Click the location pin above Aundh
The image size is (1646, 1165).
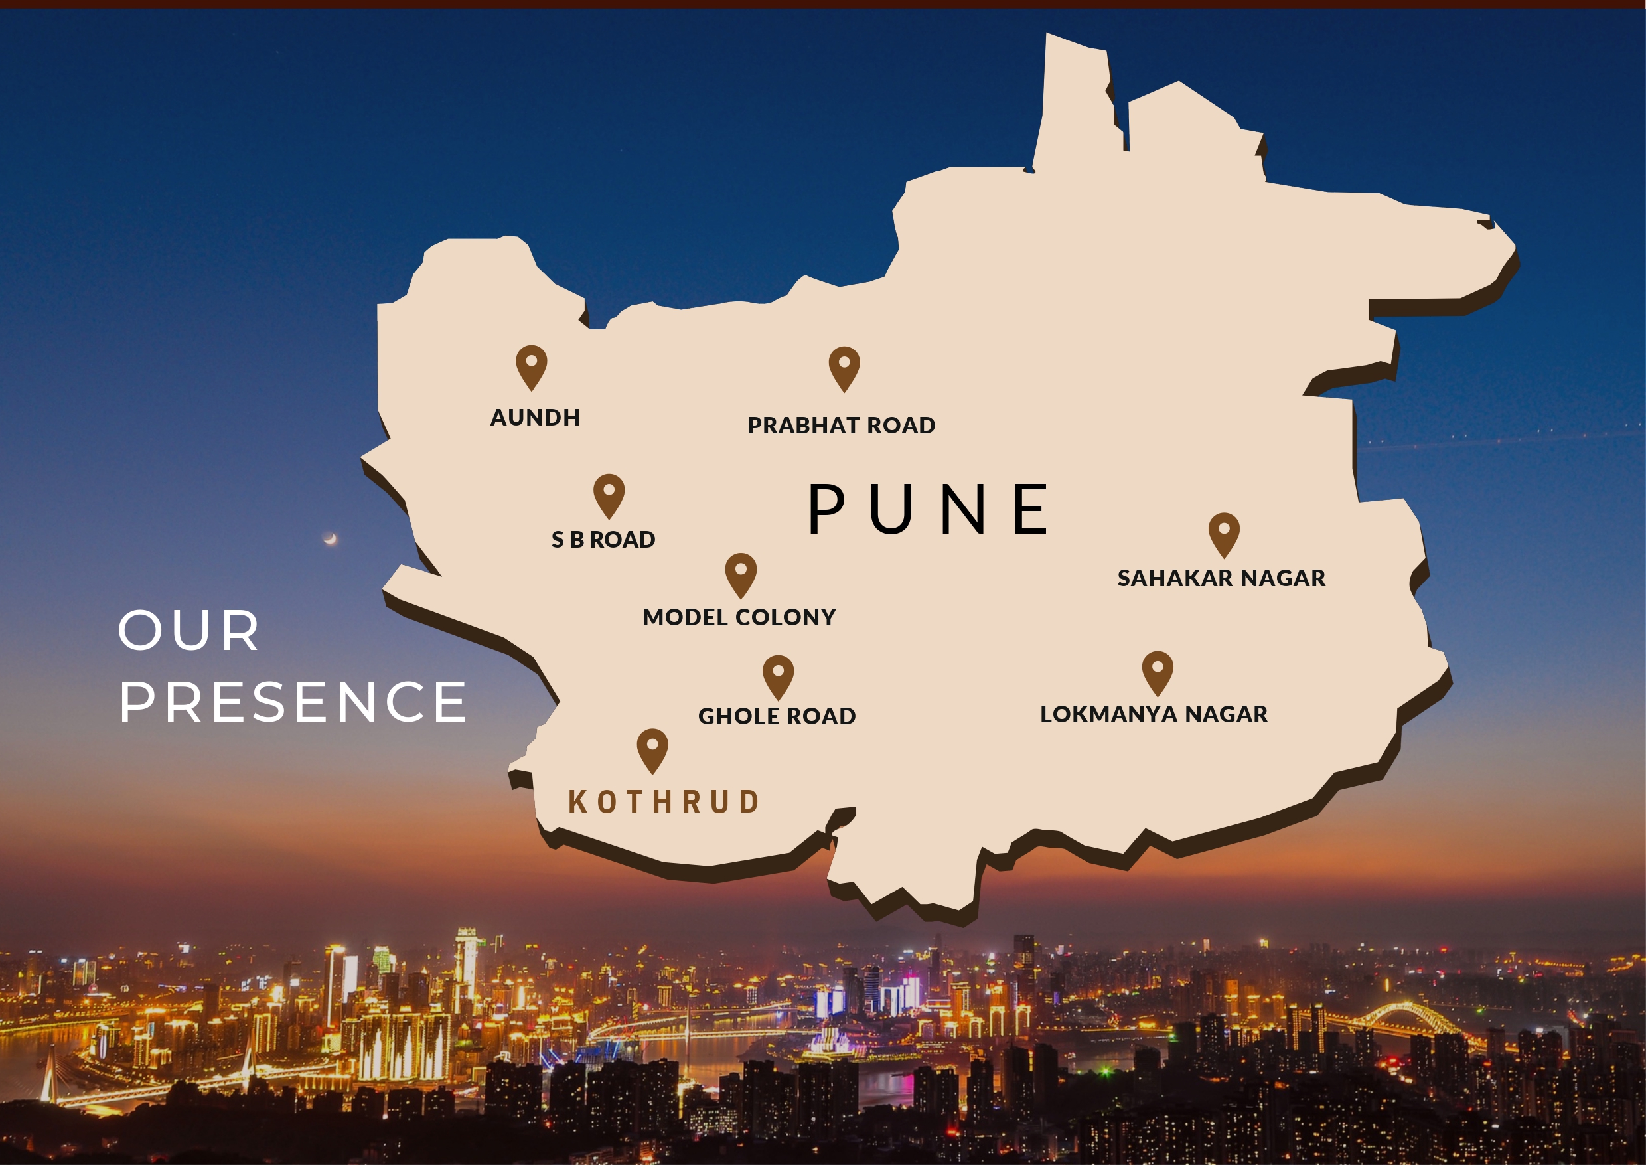point(532,366)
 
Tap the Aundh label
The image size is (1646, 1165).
point(535,418)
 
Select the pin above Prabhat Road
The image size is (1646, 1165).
point(844,367)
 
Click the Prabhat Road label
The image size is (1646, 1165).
point(842,426)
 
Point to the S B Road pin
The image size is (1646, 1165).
point(609,495)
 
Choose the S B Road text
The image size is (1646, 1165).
point(603,540)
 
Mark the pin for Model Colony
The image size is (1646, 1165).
point(741,574)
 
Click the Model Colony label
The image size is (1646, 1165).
point(739,617)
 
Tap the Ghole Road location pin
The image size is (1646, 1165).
point(778,676)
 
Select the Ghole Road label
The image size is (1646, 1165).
point(777,716)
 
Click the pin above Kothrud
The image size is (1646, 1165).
point(652,749)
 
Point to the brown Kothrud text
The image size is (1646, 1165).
point(664,802)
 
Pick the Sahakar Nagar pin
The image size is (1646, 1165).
point(1225,534)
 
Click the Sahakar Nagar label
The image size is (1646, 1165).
point(1221,578)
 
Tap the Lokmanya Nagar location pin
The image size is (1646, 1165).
point(1158,672)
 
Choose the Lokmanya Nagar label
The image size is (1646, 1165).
point(1154,714)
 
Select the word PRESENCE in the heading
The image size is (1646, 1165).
point(293,702)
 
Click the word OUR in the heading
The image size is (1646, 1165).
point(188,631)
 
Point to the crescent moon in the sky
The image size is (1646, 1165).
point(331,539)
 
